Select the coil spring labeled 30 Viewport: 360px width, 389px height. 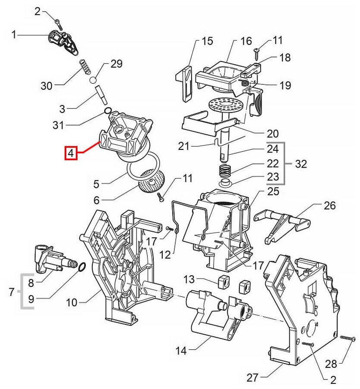pos(85,68)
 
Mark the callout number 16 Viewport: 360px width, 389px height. pos(246,41)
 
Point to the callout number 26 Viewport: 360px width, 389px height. pos(329,205)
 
